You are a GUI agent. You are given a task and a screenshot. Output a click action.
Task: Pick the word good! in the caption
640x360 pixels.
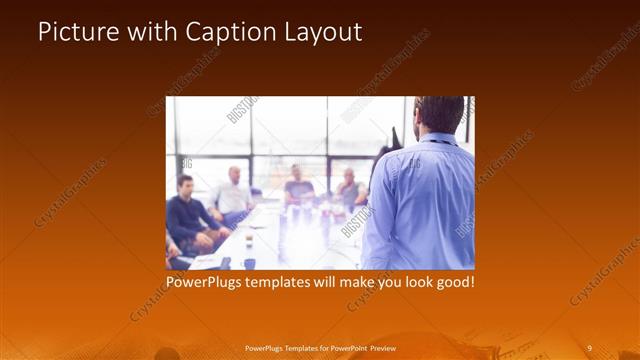(x=454, y=283)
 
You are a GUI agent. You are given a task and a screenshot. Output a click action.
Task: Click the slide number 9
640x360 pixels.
(x=589, y=347)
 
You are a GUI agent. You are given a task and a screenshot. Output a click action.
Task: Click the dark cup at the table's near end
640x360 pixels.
(x=249, y=263)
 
